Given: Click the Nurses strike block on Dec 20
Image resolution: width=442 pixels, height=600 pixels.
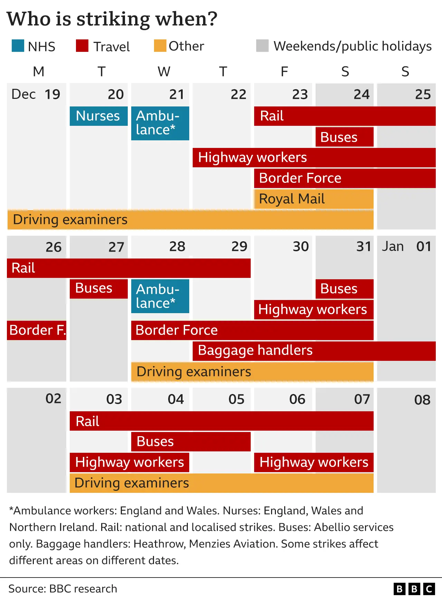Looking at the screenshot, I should pos(98,116).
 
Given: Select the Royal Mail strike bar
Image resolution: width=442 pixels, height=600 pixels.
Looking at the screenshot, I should pos(314,199).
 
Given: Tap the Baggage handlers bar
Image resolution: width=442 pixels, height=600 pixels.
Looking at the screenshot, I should pos(314,351).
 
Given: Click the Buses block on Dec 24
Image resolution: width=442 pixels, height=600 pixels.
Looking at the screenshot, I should pos(344,137).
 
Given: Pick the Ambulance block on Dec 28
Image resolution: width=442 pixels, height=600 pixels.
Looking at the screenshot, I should pos(160,296).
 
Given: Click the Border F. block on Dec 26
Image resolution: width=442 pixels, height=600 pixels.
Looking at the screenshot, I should pos(37,330).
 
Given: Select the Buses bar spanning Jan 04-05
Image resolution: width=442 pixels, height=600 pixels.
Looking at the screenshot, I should pos(191,442).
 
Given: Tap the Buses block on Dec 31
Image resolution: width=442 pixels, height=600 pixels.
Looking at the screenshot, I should pos(344,289).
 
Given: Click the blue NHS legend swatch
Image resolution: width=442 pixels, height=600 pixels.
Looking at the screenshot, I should pos(18,46).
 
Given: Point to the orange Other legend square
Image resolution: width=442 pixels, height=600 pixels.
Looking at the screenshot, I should pos(160,46).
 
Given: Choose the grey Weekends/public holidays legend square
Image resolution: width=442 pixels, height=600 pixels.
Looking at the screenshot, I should pos(262,46).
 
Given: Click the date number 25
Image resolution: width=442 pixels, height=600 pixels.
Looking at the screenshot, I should pos(423,94).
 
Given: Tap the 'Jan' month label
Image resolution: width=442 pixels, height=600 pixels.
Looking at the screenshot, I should pos(393,247).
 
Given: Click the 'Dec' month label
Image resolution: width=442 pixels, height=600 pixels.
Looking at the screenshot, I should pos(23,94).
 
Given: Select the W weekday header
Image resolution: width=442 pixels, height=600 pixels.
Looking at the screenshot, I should pos(164,72).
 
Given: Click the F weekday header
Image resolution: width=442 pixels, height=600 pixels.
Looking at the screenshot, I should pos(284,72).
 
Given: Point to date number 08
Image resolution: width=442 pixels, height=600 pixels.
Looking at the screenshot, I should pos(422,400).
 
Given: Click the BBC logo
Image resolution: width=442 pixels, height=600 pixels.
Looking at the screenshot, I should pos(414,589).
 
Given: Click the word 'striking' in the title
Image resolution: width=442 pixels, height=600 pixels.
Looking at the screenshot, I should pos(113,19).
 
